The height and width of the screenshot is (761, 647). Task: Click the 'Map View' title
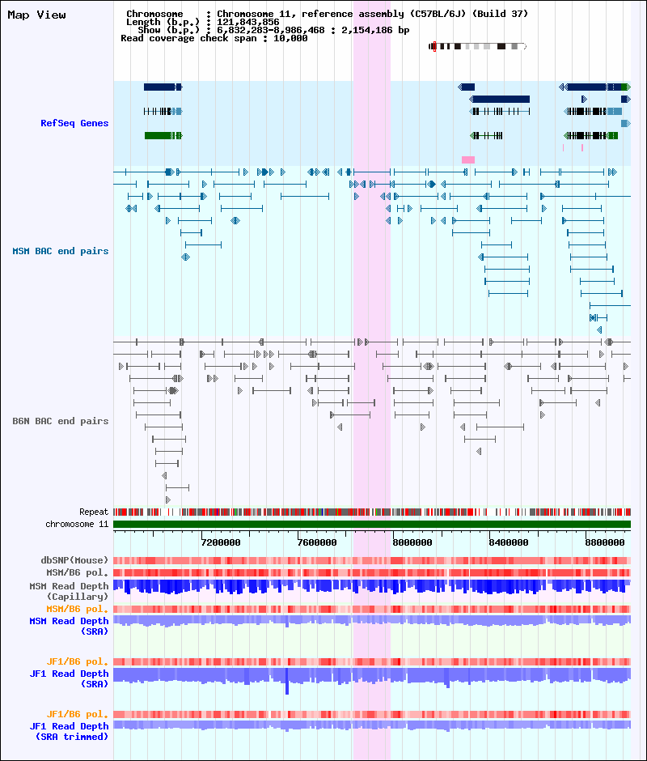[x=37, y=15]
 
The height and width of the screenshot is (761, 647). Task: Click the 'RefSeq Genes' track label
[x=74, y=123]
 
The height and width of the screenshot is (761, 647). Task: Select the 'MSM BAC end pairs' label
[x=61, y=251]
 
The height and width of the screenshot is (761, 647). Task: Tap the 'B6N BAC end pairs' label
[x=61, y=421]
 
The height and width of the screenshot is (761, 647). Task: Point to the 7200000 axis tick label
[x=221, y=542]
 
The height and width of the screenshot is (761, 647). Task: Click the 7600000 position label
[x=317, y=542]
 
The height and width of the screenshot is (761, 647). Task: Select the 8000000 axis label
[x=412, y=542]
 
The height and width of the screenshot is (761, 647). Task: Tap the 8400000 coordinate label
[x=508, y=542]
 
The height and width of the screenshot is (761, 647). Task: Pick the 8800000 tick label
[x=605, y=542]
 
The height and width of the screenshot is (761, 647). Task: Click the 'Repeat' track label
[x=94, y=512]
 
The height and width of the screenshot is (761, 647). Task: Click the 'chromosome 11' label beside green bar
[x=77, y=524]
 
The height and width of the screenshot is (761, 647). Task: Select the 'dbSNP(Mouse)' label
[x=74, y=560]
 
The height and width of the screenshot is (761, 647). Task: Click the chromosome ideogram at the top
[x=478, y=47]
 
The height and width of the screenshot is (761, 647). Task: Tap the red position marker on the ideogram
[x=434, y=47]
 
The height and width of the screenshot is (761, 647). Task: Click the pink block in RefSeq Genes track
[x=468, y=159]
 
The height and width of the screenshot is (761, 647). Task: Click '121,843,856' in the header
[x=247, y=22]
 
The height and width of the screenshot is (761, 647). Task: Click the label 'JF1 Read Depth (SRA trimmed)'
[x=70, y=731]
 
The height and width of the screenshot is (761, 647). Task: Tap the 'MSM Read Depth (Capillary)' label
[x=70, y=591]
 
